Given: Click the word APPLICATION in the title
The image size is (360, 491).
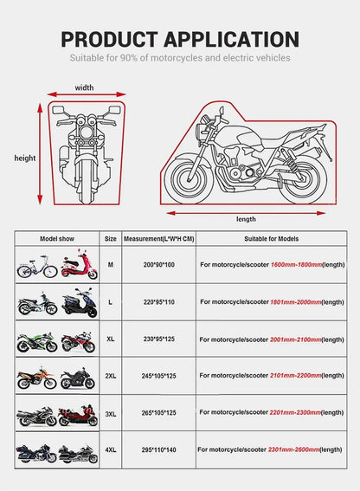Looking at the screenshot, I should click(x=232, y=39).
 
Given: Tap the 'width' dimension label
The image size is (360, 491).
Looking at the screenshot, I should click(x=84, y=87).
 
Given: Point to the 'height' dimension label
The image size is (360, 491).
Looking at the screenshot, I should click(x=25, y=158).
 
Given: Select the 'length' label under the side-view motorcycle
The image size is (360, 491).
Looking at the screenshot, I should click(x=245, y=219).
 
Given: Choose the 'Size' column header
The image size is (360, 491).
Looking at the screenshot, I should click(x=111, y=237).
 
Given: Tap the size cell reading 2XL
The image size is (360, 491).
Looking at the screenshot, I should click(x=111, y=378).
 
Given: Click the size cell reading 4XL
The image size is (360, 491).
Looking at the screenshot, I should click(x=111, y=450).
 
